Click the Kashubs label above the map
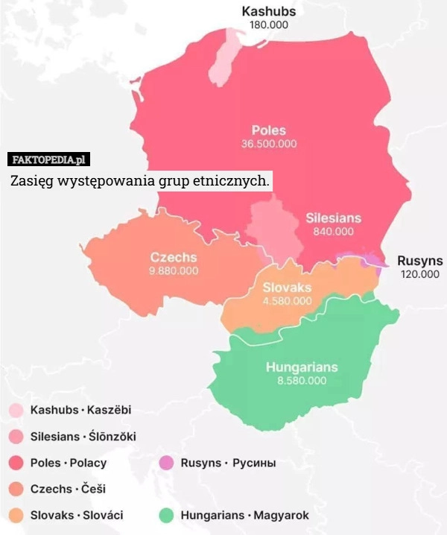click(269, 11)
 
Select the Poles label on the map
click(268, 130)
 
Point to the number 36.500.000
click(268, 143)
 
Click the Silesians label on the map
click(333, 218)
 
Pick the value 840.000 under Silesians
click(333, 232)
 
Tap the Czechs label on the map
click(174, 257)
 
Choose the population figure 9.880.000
click(174, 270)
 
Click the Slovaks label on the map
click(287, 288)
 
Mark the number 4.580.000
click(287, 301)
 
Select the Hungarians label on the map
click(301, 367)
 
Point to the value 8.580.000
click(301, 380)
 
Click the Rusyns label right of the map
click(420, 261)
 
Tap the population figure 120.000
click(420, 274)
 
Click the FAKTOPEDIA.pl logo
click(48, 159)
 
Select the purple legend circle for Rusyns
click(166, 463)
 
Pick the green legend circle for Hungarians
click(166, 515)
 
